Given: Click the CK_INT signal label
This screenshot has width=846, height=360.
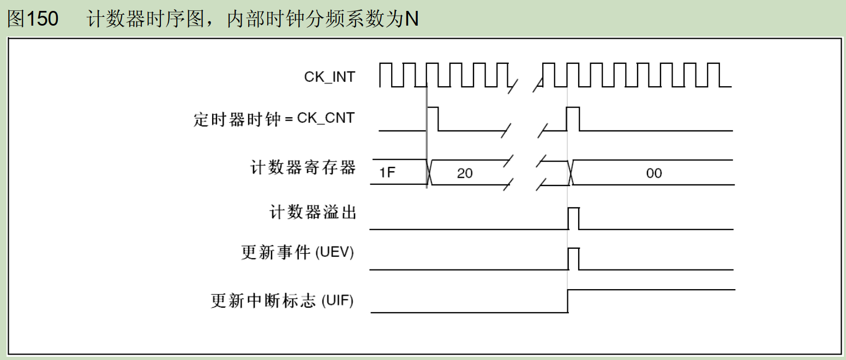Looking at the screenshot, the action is pyautogui.click(x=329, y=77).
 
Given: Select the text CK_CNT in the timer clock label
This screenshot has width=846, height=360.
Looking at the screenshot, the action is pyautogui.click(x=326, y=118).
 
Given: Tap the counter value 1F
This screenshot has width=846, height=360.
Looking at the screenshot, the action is pyautogui.click(x=387, y=172).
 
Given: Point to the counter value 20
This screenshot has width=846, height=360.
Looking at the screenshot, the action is pyautogui.click(x=465, y=173).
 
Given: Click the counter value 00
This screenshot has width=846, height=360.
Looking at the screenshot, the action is pyautogui.click(x=654, y=173).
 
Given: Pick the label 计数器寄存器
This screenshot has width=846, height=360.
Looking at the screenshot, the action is pyautogui.click(x=303, y=167).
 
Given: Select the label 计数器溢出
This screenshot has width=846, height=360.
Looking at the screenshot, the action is pyautogui.click(x=313, y=212).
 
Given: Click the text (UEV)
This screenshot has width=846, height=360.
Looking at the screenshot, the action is pyautogui.click(x=334, y=252).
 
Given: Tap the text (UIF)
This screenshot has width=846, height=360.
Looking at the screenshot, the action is pyautogui.click(x=337, y=301).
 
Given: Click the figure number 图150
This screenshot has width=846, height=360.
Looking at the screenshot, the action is pyautogui.click(x=33, y=19).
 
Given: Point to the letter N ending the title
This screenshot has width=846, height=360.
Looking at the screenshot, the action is pyautogui.click(x=412, y=19).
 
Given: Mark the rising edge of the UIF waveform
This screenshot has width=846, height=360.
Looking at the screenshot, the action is pyautogui.click(x=568, y=301).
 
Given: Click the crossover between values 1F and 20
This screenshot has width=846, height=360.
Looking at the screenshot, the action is pyautogui.click(x=429, y=172).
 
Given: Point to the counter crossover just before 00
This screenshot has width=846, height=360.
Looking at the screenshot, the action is pyautogui.click(x=571, y=172).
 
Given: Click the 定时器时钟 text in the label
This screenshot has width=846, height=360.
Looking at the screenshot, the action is pyautogui.click(x=237, y=119).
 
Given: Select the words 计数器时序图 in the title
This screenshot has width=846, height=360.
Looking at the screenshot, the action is pyautogui.click(x=146, y=19).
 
